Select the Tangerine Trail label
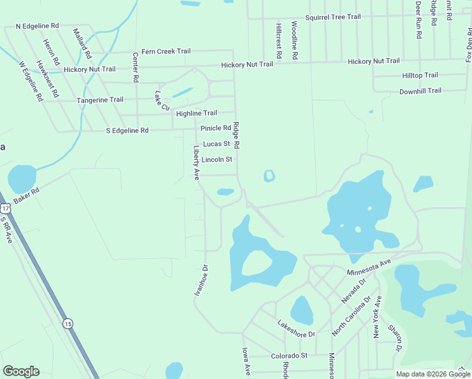[x=100, y=100]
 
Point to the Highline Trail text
[x=196, y=113]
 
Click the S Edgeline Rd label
[x=127, y=130]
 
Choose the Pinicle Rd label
[x=216, y=128]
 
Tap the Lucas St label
[x=216, y=144]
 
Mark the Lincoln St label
[x=217, y=160]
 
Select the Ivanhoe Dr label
[x=201, y=280]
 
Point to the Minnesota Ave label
[x=369, y=266]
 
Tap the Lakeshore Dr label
[x=295, y=328]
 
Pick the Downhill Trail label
[x=420, y=91]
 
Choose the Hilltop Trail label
[x=420, y=75]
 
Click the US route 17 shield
[x=5, y=208]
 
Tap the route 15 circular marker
[x=68, y=323]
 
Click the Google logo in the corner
[x=21, y=371]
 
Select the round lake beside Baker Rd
[x=22, y=179]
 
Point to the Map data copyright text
[x=432, y=374]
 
